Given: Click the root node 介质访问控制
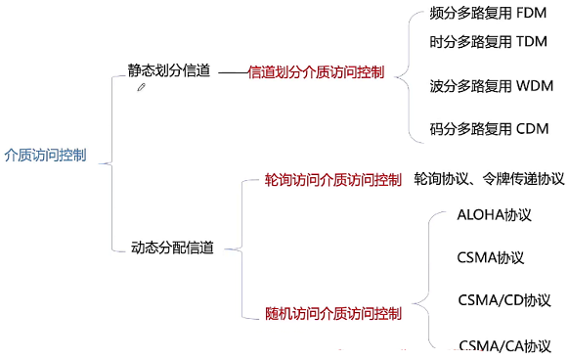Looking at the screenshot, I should click(x=46, y=155).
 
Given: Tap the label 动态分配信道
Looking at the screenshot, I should click(x=172, y=248).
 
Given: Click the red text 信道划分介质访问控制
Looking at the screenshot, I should click(x=315, y=72).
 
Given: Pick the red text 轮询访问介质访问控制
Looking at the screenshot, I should click(x=332, y=180).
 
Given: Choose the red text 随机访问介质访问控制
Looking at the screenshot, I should click(x=332, y=313).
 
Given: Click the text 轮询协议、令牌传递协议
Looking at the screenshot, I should click(x=489, y=180).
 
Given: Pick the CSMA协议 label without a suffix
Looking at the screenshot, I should click(x=491, y=258).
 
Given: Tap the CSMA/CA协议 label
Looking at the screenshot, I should click(x=504, y=345).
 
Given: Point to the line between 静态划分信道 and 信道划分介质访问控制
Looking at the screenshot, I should click(x=232, y=73).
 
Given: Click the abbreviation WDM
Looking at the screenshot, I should click(x=534, y=86).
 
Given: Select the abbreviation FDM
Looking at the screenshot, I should click(x=531, y=16).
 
